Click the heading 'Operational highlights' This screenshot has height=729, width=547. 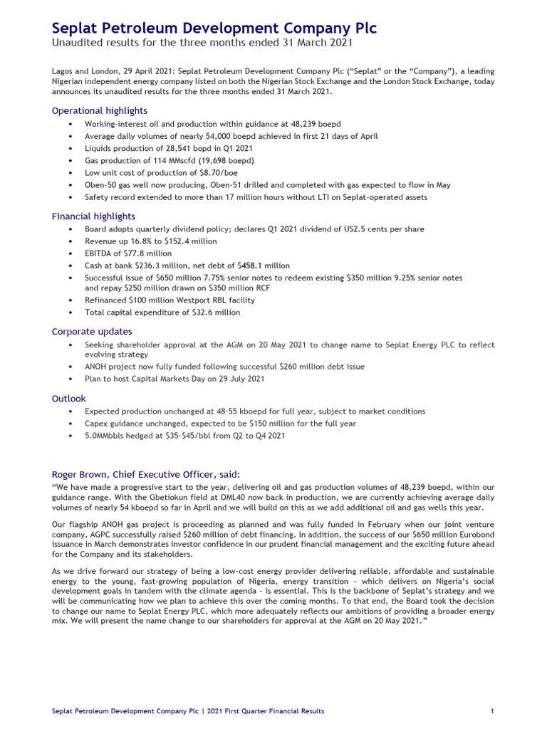[x=100, y=110]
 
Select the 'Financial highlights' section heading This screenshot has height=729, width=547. [x=93, y=216]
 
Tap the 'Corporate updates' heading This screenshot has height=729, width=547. [x=92, y=331]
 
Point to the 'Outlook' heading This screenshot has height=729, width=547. [x=68, y=399]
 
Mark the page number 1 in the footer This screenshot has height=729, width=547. [x=493, y=710]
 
